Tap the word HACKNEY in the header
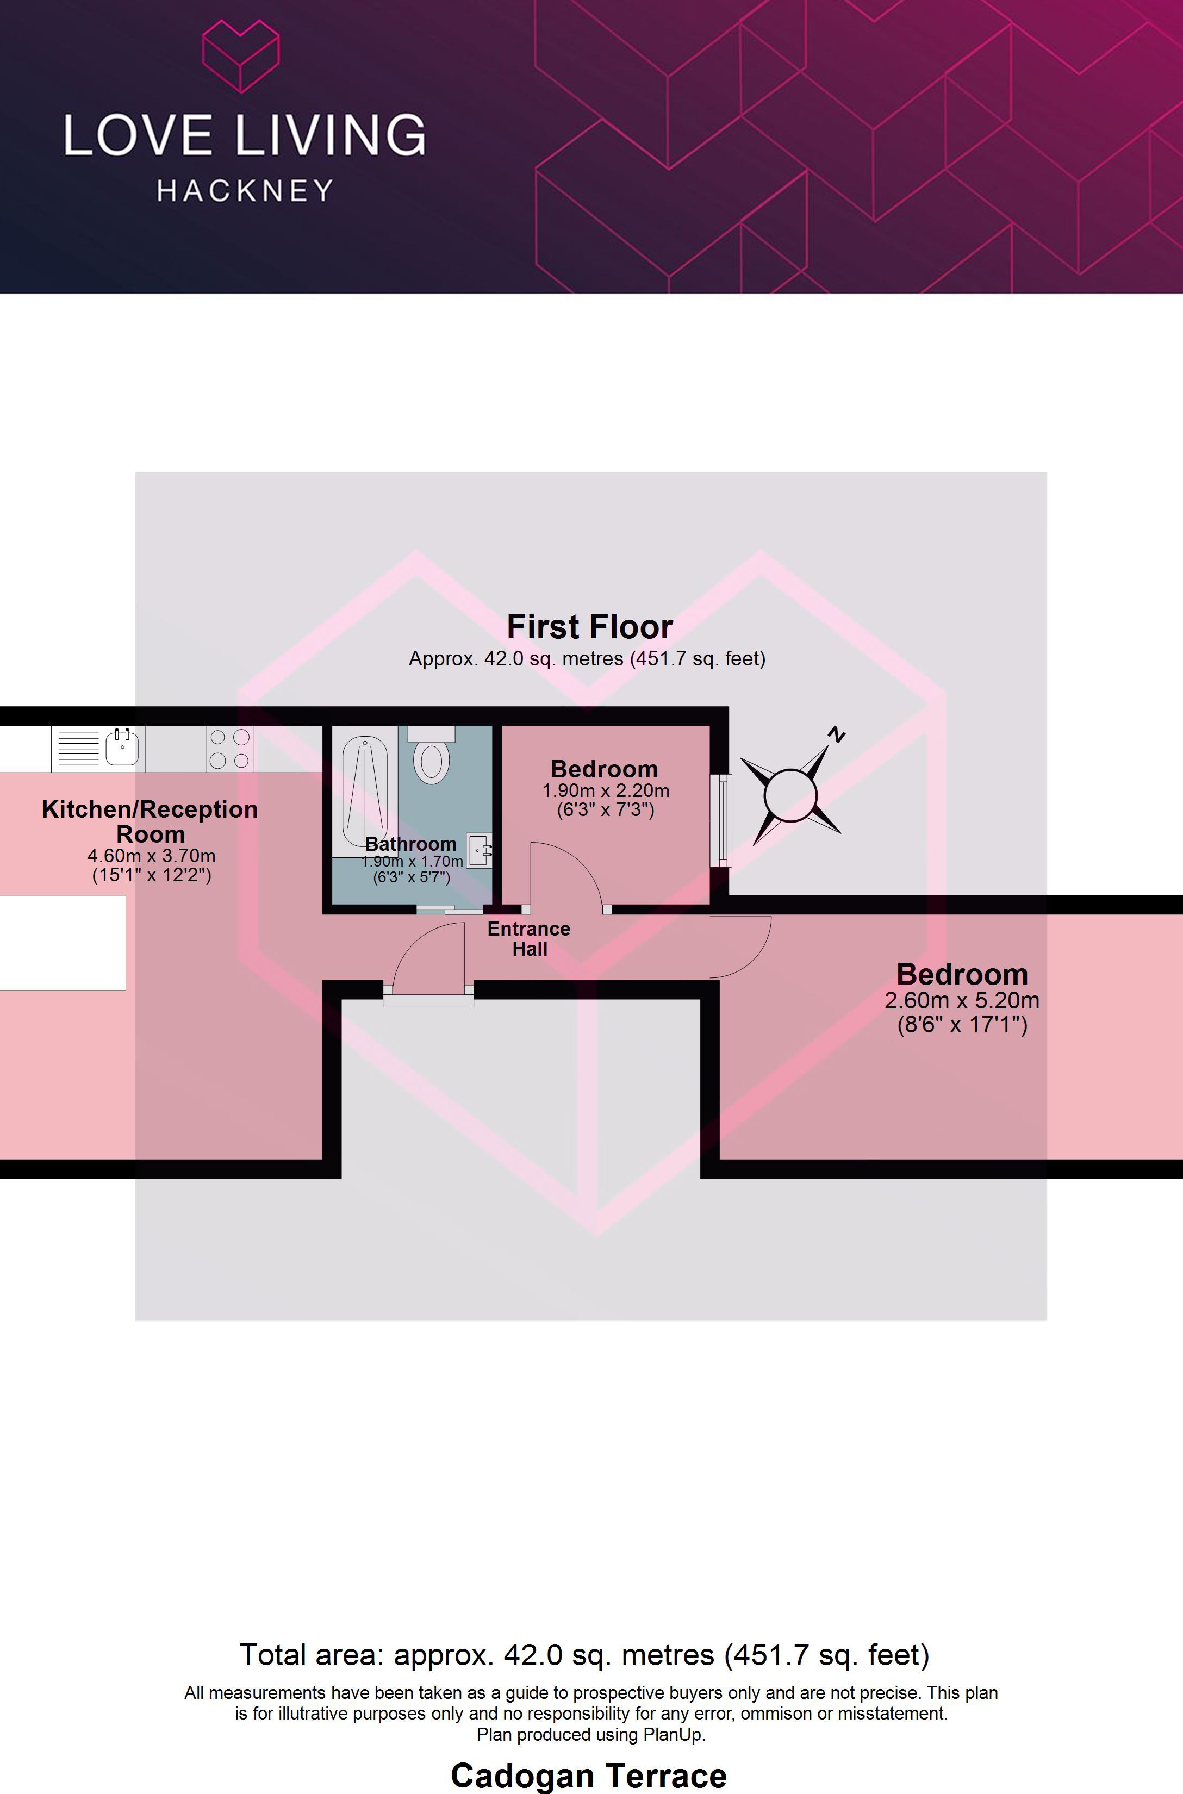pos(245,191)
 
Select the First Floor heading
pos(589,626)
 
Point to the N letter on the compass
pos(836,733)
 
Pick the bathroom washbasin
pos(478,850)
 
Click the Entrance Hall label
pos(529,938)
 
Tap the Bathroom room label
pos(410,843)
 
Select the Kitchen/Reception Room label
pos(150,821)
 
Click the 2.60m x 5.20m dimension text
pos(961,1000)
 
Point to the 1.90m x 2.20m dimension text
pos(605,790)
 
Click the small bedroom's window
pos(722,819)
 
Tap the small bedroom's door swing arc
pos(568,875)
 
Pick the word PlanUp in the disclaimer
pos(673,1734)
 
